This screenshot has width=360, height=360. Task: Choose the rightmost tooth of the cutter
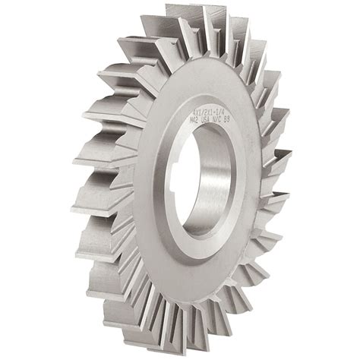(285, 163)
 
